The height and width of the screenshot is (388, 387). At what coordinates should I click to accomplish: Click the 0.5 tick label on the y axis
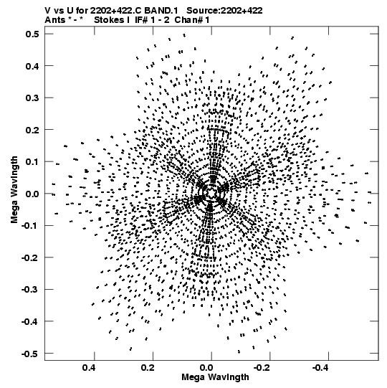[x=32, y=34]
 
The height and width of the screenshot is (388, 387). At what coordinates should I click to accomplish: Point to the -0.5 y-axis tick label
[x=30, y=354]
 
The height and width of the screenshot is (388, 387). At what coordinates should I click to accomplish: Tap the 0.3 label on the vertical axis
[x=32, y=98]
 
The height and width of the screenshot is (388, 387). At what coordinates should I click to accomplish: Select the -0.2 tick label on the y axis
[x=30, y=258]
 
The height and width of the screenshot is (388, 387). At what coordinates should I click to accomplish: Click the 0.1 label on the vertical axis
[x=32, y=162]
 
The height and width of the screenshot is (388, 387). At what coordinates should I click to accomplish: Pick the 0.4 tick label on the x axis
[x=89, y=368]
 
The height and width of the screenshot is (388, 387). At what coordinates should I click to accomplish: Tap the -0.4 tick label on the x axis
[x=320, y=368]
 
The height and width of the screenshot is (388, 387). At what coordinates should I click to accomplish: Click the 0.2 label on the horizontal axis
[x=148, y=368]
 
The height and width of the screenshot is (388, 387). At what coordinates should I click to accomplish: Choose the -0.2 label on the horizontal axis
[x=262, y=368]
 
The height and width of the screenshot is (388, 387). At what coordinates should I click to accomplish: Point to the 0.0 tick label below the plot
[x=206, y=368]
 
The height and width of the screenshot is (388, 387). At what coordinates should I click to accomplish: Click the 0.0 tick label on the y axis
[x=32, y=194]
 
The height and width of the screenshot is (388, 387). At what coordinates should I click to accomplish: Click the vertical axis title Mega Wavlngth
[x=14, y=190]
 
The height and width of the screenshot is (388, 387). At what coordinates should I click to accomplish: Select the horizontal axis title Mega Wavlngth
[x=215, y=377]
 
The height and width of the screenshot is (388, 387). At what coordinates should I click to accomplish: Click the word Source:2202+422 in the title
[x=224, y=11]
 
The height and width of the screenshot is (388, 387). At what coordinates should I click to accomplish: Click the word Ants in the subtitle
[x=54, y=20]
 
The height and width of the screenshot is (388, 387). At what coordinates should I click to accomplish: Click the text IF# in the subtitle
[x=142, y=20]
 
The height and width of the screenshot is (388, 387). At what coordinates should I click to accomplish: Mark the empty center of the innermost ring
[x=211, y=193]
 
